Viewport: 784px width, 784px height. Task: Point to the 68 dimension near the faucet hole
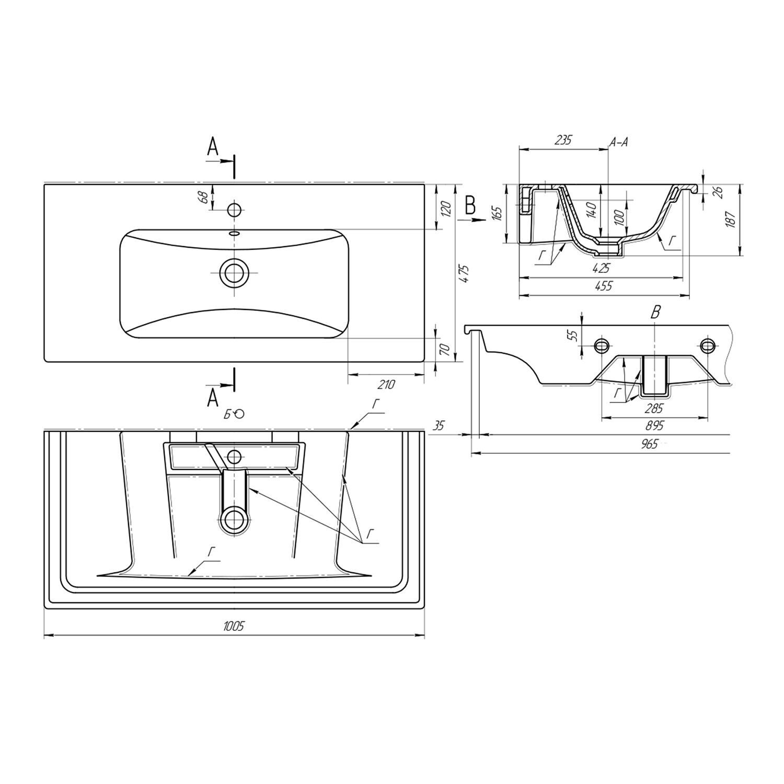click(x=204, y=197)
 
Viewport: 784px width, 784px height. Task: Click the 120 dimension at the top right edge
click(x=445, y=210)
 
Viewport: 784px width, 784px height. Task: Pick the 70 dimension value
click(x=445, y=349)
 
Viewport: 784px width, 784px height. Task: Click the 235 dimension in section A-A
click(x=564, y=140)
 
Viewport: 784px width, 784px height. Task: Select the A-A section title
click(x=619, y=141)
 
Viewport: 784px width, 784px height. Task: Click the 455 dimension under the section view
click(x=603, y=286)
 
